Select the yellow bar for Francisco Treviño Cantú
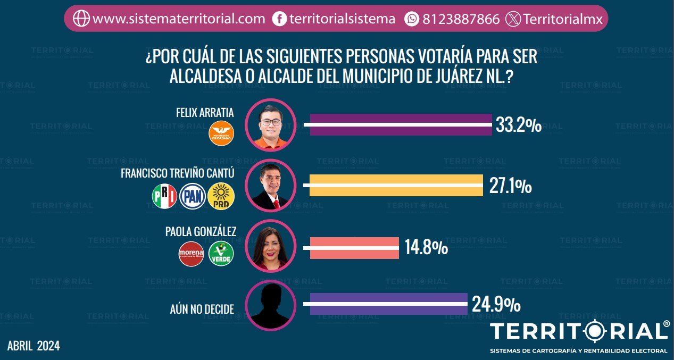pos(396,186)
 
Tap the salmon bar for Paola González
pos(354,248)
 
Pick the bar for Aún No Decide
pos(388,304)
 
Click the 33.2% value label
pos(519,125)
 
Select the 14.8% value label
pos(426,248)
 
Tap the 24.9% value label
pos(496,304)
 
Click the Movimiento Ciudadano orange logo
pos(222,133)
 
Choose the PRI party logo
pos(164,196)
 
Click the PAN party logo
pos(192,196)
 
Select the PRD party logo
pos(221,196)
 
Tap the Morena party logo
pos(191,254)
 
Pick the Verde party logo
pos(221,254)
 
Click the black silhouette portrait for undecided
pos(270,306)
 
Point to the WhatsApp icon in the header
pos(412,19)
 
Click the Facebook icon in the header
pos(279,19)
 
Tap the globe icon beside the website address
pos(81,19)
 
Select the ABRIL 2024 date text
pos(34,346)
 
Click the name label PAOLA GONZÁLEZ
pos(201,231)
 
